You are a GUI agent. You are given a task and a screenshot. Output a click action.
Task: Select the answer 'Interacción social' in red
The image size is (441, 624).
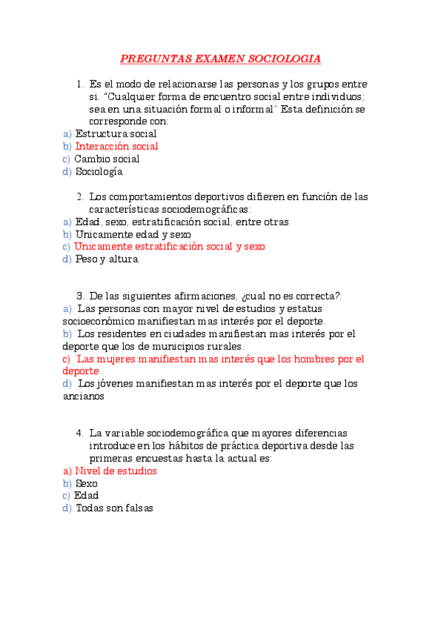(116, 146)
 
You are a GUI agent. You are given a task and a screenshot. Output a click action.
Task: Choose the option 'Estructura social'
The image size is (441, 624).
(116, 134)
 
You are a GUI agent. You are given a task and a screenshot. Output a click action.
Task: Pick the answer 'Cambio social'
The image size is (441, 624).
(107, 159)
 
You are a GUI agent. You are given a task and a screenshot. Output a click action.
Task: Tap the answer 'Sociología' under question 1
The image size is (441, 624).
(99, 172)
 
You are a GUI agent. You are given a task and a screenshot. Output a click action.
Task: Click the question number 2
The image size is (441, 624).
(80, 196)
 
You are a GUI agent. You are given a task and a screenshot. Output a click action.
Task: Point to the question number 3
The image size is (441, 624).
(80, 296)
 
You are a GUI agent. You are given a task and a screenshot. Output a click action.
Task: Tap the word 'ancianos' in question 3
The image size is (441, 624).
(84, 396)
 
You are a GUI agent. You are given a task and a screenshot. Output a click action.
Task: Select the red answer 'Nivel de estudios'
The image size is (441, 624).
(116, 471)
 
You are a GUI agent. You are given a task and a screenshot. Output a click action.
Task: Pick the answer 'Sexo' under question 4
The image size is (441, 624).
(86, 483)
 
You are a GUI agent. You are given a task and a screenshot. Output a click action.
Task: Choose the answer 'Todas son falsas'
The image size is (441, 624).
(114, 508)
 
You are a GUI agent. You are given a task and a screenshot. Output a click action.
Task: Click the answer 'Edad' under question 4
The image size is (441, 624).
(86, 496)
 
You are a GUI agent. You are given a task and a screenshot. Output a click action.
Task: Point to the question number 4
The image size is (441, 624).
(80, 433)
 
